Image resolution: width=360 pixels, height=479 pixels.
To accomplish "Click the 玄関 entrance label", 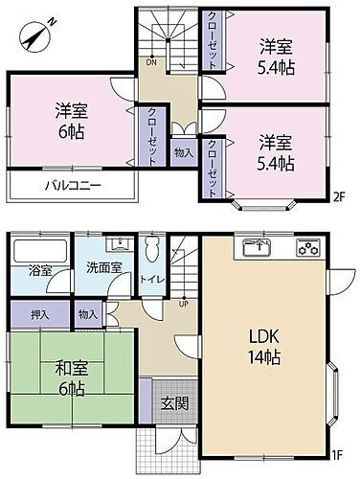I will coord(175,403).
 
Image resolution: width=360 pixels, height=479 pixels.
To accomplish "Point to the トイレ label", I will coord(149,280).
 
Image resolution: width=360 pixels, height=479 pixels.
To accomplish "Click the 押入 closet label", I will coord(38,313).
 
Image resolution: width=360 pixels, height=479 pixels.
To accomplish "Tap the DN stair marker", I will coord(149,62).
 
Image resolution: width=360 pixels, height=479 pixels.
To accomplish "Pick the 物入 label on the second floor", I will coord(183,152).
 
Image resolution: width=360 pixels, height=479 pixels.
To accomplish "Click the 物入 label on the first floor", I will coord(87,313).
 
